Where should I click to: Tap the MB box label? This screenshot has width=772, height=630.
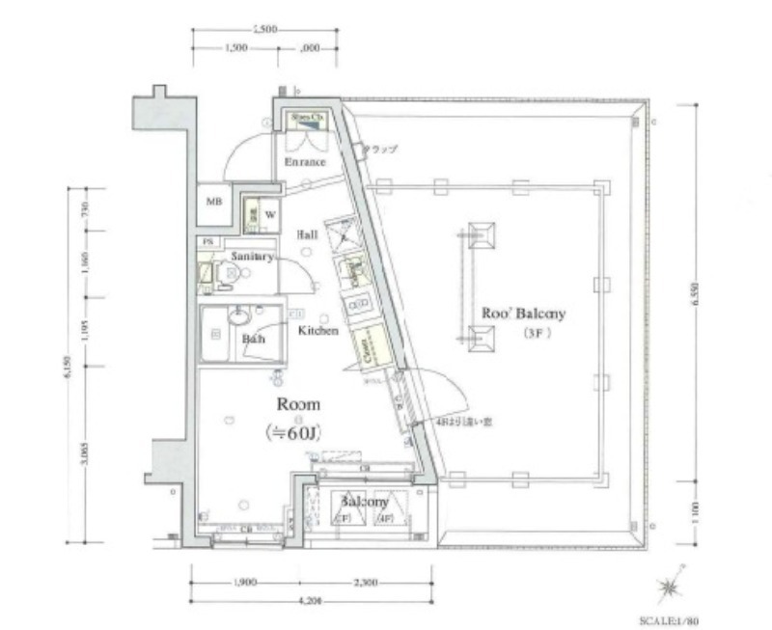(212, 202)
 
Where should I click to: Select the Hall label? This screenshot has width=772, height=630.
(308, 234)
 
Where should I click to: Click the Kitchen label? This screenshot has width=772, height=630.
(317, 331)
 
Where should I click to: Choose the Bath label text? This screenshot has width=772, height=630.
(254, 340)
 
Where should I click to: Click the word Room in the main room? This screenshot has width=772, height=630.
(298, 405)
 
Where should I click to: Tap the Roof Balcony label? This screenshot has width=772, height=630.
(522, 314)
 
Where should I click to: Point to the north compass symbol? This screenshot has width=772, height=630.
(668, 588)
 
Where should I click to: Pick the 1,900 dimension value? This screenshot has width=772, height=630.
(244, 584)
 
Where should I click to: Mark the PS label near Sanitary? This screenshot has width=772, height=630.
(207, 241)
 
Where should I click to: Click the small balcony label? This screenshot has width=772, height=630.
(363, 503)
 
